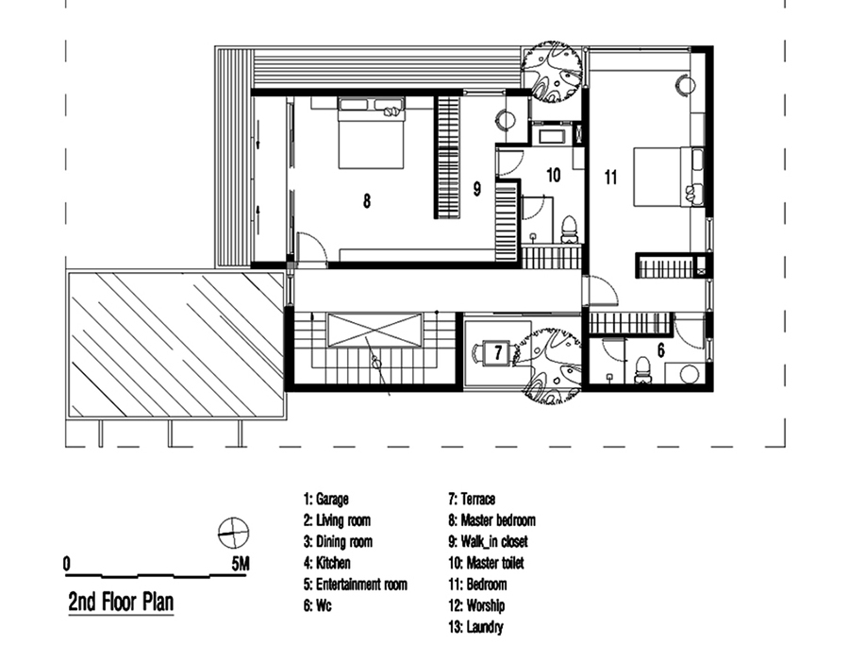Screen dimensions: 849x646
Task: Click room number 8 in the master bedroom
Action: (367, 201)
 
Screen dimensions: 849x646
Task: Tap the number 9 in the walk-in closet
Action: (477, 189)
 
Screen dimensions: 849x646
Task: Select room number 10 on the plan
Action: (553, 175)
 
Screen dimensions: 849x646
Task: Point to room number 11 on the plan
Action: (610, 178)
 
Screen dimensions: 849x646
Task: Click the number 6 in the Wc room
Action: (660, 350)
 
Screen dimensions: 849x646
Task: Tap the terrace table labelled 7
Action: (498, 353)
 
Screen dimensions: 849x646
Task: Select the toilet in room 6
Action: (642, 370)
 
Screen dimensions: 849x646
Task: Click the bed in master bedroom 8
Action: (371, 133)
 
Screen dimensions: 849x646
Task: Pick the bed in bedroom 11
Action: (669, 177)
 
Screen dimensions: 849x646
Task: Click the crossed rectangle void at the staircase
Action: (375, 330)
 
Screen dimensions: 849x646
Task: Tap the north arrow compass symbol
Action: (233, 533)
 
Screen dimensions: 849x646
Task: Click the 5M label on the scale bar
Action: (241, 564)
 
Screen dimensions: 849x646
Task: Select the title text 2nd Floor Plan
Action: (122, 602)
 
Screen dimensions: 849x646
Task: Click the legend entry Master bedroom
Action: (492, 520)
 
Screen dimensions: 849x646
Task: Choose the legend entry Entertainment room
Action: (356, 585)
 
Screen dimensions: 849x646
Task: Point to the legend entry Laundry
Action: (476, 627)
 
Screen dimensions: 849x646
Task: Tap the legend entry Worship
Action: (476, 605)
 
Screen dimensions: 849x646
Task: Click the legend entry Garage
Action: (326, 499)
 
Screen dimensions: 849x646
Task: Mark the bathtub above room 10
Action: (549, 135)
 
